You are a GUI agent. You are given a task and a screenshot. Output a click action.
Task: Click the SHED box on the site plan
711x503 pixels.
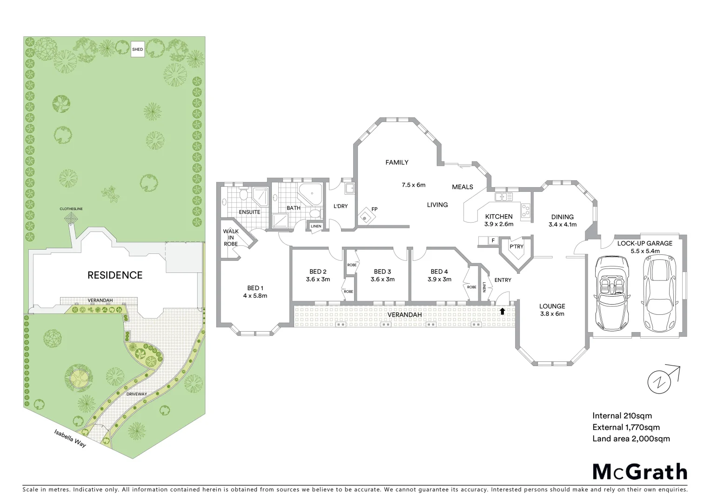click(x=137, y=49)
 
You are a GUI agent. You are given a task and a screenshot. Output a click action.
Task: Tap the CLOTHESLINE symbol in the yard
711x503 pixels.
click(x=71, y=218)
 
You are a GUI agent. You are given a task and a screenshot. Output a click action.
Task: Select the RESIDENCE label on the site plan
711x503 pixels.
click(x=115, y=275)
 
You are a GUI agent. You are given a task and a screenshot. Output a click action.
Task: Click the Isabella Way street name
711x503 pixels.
click(x=70, y=438)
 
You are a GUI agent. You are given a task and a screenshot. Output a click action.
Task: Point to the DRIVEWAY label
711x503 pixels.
click(x=137, y=394)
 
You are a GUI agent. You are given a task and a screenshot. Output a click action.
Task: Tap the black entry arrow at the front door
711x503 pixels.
click(x=503, y=311)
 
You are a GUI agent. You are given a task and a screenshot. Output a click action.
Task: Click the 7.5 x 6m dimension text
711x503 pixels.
click(x=414, y=185)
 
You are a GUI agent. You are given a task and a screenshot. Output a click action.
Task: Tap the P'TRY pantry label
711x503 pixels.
click(x=516, y=247)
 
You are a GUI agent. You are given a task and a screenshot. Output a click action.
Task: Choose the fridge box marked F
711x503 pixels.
click(x=493, y=240)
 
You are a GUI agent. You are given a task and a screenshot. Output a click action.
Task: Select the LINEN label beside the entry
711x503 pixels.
click(x=485, y=287)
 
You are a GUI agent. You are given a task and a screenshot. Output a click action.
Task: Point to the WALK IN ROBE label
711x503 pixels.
click(x=231, y=237)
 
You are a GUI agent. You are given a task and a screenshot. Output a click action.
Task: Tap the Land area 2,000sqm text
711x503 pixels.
click(x=631, y=438)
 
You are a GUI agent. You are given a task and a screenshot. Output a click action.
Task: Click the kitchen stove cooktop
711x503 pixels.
click(x=526, y=211)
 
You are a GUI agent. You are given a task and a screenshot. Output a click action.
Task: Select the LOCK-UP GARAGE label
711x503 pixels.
click(x=644, y=244)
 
